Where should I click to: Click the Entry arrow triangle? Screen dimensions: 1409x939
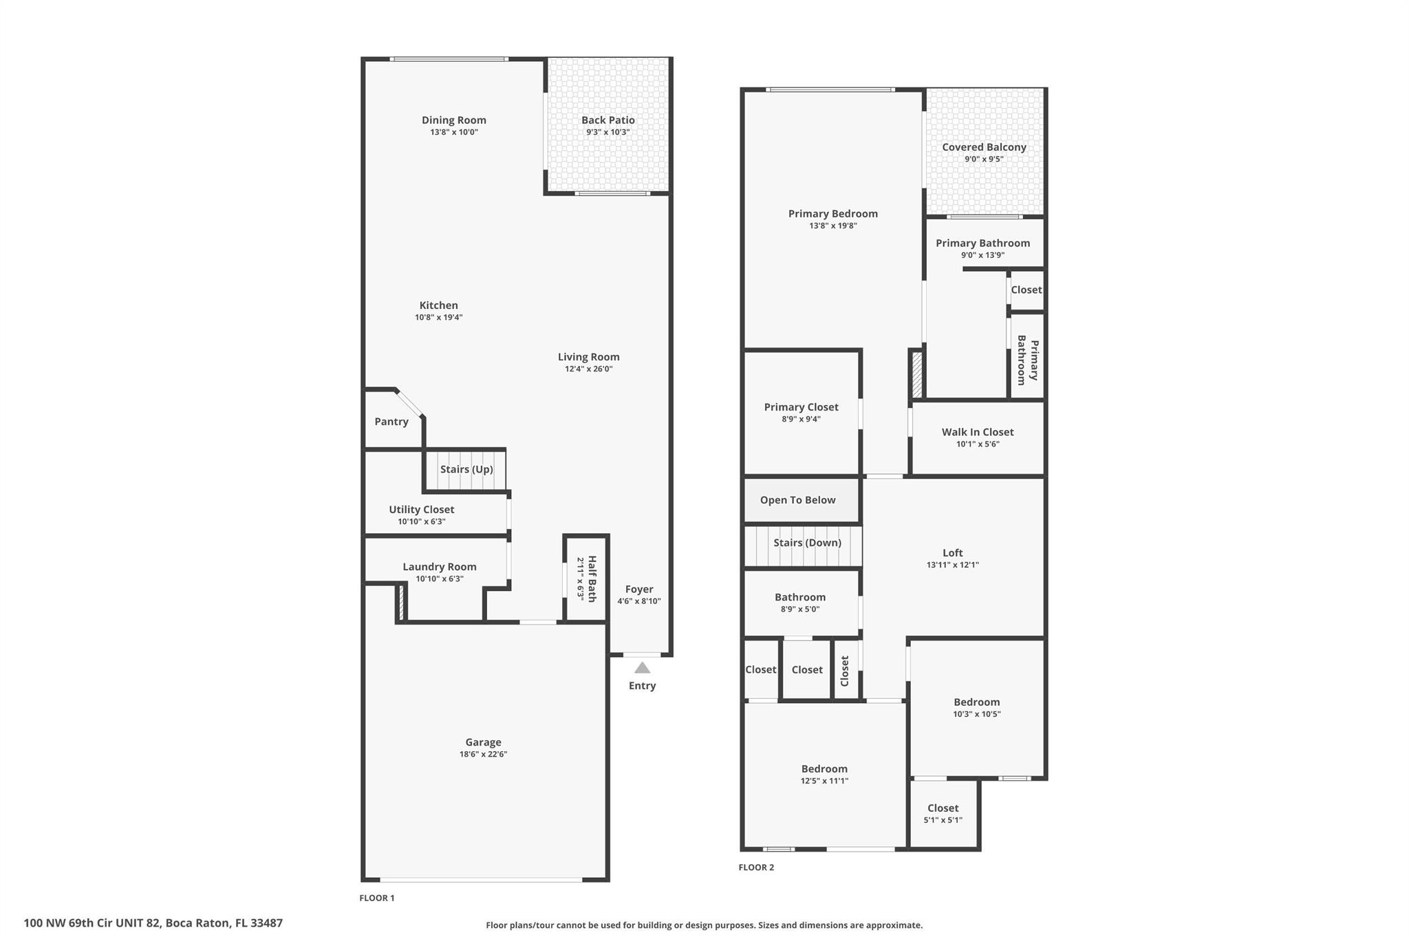pyautogui.click(x=642, y=667)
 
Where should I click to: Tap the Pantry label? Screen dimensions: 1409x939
pyautogui.click(x=391, y=422)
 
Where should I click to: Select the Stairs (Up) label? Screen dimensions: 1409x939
pyautogui.click(x=466, y=469)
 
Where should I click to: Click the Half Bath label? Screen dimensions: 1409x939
pyautogui.click(x=591, y=579)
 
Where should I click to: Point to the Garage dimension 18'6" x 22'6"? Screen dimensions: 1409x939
pyautogui.click(x=484, y=754)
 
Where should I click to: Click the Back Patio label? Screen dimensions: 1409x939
pyautogui.click(x=608, y=120)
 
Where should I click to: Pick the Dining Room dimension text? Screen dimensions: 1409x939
pyautogui.click(x=454, y=132)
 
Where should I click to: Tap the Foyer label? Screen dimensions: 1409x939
pyautogui.click(x=639, y=589)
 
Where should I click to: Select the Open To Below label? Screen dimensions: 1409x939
pyautogui.click(x=798, y=500)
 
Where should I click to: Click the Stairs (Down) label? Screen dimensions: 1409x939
pyautogui.click(x=807, y=543)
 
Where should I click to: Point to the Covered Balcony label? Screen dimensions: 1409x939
pyautogui.click(x=985, y=147)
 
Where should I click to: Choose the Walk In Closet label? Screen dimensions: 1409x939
pyautogui.click(x=978, y=432)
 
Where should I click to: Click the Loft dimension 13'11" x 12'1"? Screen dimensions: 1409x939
pyautogui.click(x=953, y=565)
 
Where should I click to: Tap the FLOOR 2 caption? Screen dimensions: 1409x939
pyautogui.click(x=756, y=867)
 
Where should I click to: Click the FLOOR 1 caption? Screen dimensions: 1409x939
pyautogui.click(x=377, y=898)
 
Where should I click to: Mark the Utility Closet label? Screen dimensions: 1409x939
pyautogui.click(x=422, y=510)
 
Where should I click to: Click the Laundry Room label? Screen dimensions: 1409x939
pyautogui.click(x=440, y=567)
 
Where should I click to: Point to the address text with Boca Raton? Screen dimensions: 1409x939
pyautogui.click(x=153, y=923)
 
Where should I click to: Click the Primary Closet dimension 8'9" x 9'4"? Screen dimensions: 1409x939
pyautogui.click(x=802, y=419)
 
